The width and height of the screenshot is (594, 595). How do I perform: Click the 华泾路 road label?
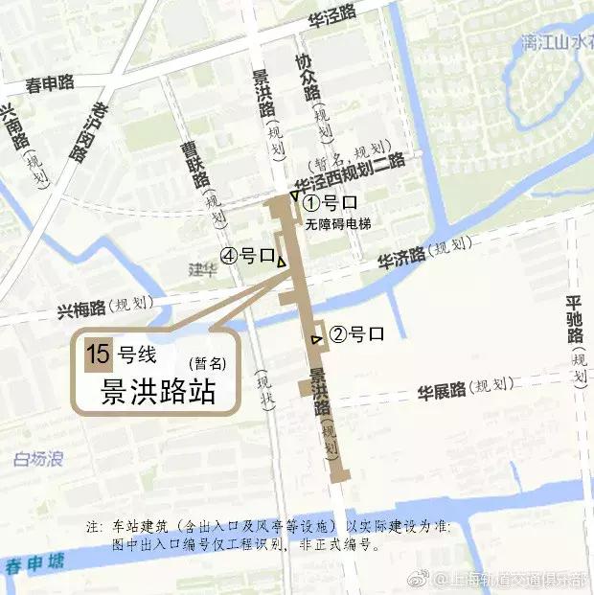tap(331, 13)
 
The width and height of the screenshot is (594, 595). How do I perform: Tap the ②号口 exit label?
tap(356, 334)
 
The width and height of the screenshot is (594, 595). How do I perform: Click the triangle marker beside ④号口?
tap(282, 262)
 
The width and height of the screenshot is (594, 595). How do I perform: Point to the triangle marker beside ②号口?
tap(316, 339)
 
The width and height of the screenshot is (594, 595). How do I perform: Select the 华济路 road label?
tap(400, 259)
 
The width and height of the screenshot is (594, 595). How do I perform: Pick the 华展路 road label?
tap(442, 390)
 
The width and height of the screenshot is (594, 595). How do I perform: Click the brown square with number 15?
tap(98, 355)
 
